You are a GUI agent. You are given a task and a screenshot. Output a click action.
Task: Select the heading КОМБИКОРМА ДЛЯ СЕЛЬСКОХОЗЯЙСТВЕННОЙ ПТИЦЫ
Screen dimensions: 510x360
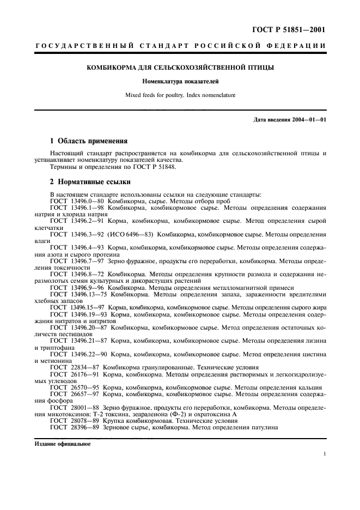pos(180,68)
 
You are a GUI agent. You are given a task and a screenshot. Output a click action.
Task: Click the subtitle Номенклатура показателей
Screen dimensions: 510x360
pos(180,82)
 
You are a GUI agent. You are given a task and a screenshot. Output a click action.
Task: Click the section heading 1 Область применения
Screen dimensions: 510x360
pos(88,141)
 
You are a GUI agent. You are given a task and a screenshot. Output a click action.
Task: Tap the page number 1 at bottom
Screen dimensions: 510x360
pos(325,453)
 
